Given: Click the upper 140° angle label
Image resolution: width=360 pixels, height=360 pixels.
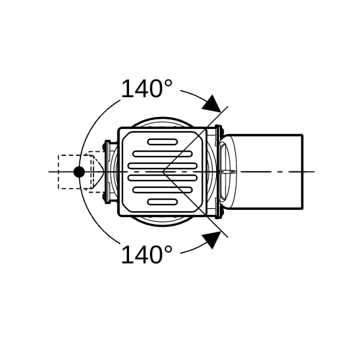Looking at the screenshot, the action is (146, 88).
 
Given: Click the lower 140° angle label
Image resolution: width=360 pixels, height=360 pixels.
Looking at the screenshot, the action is (146, 254).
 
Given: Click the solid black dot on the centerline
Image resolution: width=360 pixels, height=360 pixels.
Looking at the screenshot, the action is (79, 172).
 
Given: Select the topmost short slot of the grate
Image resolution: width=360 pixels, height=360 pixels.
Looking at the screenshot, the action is (163, 142).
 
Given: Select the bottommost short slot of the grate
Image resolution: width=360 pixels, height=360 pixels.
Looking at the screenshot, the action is (163, 202).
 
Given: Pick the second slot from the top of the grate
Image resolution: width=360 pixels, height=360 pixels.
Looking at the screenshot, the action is (163, 154).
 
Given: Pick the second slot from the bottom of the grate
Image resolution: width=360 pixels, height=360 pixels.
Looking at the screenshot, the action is (163, 190).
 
